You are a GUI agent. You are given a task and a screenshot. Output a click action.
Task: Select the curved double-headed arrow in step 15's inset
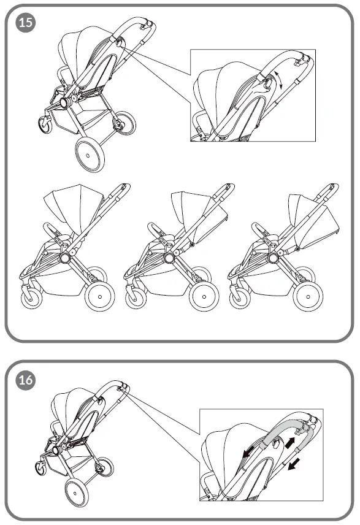tap(279, 80)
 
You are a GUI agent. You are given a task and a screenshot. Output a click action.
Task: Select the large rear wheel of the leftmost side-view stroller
tap(99, 296)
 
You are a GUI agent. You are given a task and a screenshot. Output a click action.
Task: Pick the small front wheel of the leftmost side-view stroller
tap(31, 299)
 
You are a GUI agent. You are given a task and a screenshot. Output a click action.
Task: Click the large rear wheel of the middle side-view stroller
tap(204, 296)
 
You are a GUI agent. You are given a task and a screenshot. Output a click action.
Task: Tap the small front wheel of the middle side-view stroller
tap(136, 299)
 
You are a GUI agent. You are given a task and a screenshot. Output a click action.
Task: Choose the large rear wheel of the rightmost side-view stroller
tap(308, 296)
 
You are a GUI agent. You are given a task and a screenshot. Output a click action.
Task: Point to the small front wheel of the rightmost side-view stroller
tap(240, 299)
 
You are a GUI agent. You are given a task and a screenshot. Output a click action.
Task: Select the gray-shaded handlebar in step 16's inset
tap(285, 429)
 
